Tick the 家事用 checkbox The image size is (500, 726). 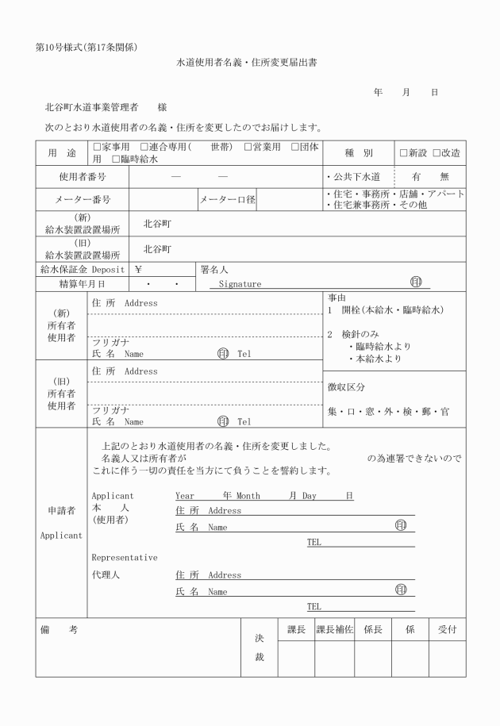click(98, 148)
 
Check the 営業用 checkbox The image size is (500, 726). click(248, 148)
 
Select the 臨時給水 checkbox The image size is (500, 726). click(116, 159)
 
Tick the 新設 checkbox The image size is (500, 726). click(404, 153)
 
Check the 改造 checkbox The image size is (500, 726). click(436, 153)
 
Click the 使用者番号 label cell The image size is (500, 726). click(83, 177)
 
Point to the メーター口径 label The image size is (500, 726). click(227, 199)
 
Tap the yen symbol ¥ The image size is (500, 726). click(138, 269)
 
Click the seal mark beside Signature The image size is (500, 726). click(415, 282)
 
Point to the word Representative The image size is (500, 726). click(125, 557)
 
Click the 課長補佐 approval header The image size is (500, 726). click(334, 629)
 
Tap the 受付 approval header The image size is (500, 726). click(448, 629)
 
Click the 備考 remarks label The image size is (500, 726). click(59, 629)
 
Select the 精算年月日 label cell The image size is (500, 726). click(83, 283)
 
